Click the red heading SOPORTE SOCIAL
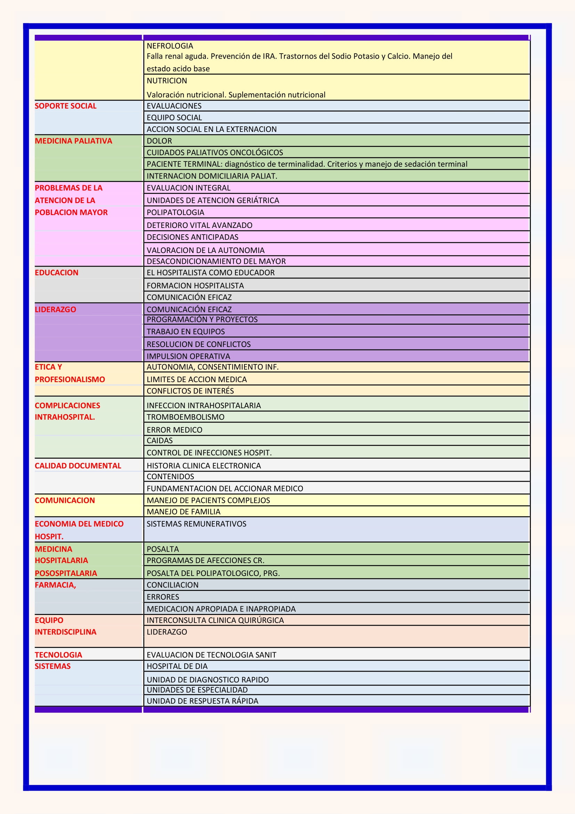click(x=65, y=106)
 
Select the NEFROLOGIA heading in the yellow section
click(x=170, y=46)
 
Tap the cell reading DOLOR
click(x=159, y=141)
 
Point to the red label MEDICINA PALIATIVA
click(x=73, y=141)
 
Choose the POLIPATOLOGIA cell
click(x=175, y=212)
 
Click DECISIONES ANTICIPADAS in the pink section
click(x=192, y=237)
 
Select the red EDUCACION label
click(x=57, y=272)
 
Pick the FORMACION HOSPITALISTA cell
click(x=195, y=286)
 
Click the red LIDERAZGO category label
click(x=55, y=309)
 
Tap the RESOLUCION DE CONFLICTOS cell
click(x=199, y=344)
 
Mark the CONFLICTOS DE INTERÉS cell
click(x=190, y=391)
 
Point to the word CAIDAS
click(x=160, y=441)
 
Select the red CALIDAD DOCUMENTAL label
click(x=78, y=466)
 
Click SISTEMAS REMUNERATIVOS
click(x=196, y=524)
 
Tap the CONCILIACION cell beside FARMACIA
click(x=172, y=585)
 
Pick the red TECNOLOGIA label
click(x=58, y=655)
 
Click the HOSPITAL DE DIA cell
click(x=177, y=666)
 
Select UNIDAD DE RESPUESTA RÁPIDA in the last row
click(x=203, y=701)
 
